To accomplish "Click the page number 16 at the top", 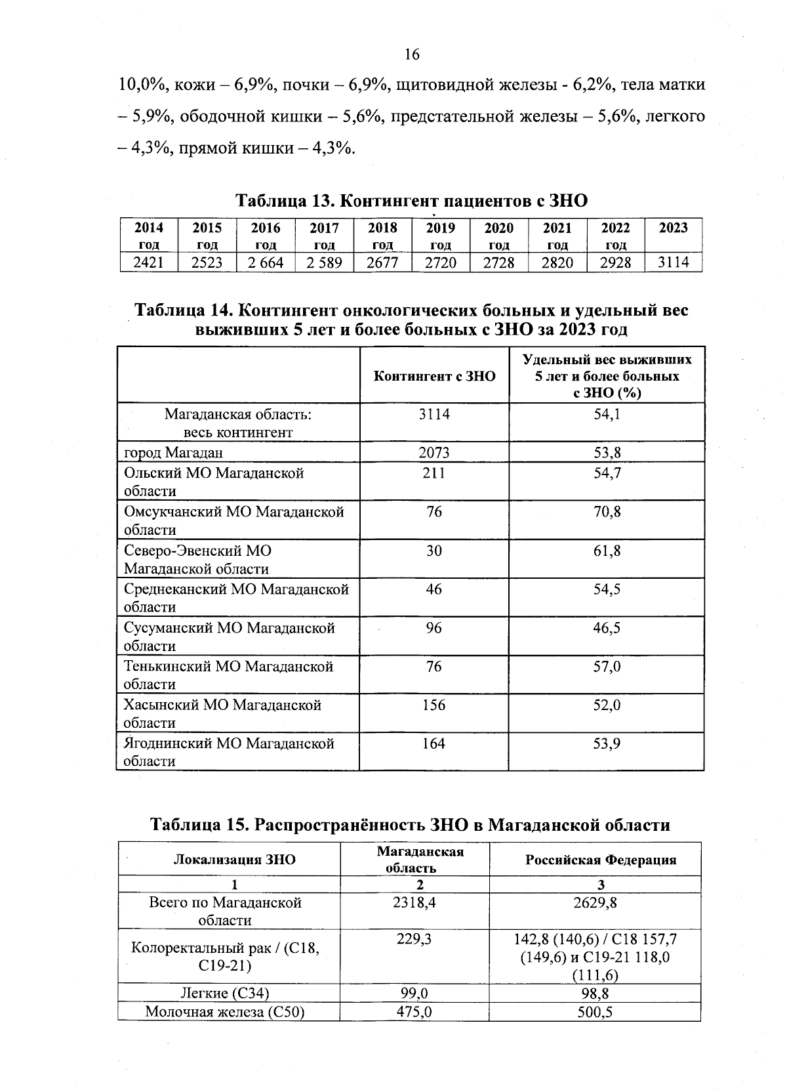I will pyautogui.click(x=412, y=54).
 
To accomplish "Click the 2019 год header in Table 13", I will pyautogui.click(x=441, y=236).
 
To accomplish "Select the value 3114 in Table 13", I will pyautogui.click(x=674, y=262).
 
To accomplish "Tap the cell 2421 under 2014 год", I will pyautogui.click(x=149, y=262).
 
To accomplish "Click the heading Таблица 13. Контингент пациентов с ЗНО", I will pyautogui.click(x=411, y=200).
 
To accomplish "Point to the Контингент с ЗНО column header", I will pyautogui.click(x=434, y=376).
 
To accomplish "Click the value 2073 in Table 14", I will pyautogui.click(x=434, y=452).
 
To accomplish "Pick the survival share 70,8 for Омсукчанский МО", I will pyautogui.click(x=607, y=511).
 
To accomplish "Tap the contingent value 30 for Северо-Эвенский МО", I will pyautogui.click(x=434, y=551).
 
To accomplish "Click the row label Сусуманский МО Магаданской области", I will pyautogui.click(x=229, y=636).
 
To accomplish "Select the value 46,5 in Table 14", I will pyautogui.click(x=607, y=628).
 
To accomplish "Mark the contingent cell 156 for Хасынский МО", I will pyautogui.click(x=434, y=705).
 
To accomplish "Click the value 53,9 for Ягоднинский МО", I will pyautogui.click(x=607, y=744).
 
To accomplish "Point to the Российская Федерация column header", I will pyautogui.click(x=600, y=860).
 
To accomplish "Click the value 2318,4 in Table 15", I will pyautogui.click(x=414, y=902).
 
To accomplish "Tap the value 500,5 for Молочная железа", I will pyautogui.click(x=595, y=1012).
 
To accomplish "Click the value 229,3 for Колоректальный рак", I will pyautogui.click(x=414, y=939).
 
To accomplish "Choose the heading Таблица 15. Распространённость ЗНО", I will pyautogui.click(x=411, y=825).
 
